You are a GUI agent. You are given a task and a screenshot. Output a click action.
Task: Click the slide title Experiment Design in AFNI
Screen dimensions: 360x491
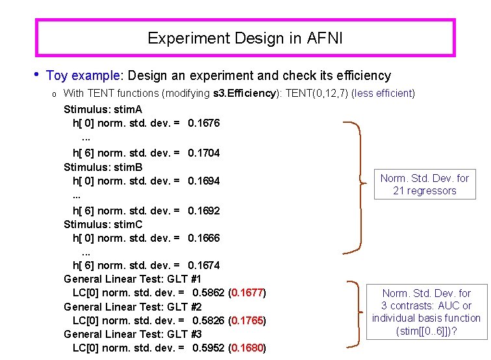click(245, 38)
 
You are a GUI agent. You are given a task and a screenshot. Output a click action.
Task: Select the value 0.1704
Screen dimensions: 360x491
click(203, 153)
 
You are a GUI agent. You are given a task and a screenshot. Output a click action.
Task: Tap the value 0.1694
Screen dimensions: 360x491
click(203, 181)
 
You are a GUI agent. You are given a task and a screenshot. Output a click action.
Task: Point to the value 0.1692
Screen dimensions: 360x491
click(203, 211)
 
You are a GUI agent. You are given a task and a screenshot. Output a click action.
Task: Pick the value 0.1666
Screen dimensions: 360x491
click(203, 238)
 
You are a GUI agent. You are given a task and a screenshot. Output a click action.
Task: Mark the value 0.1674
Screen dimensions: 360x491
click(203, 265)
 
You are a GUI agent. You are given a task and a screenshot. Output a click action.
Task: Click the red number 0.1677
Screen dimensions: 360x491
click(247, 292)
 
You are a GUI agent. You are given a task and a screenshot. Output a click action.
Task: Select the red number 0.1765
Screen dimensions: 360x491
click(247, 320)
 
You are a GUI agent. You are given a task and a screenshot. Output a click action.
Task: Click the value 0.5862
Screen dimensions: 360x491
click(208, 292)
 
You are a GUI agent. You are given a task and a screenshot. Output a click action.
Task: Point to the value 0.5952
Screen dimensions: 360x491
click(208, 348)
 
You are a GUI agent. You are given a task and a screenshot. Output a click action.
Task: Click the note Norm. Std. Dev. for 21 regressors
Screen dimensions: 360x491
click(424, 185)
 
